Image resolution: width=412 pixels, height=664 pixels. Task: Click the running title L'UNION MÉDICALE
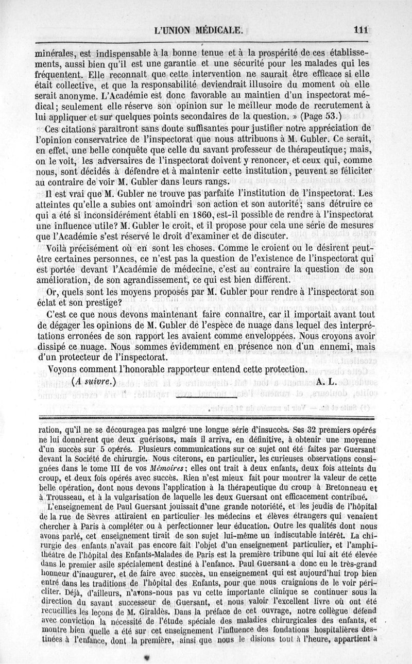[x=198, y=30]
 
